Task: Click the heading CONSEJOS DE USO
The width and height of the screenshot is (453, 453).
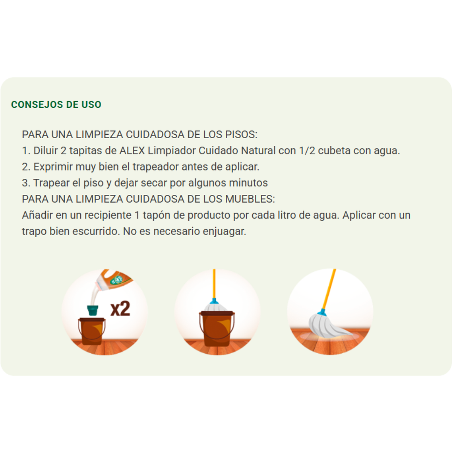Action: click(x=56, y=105)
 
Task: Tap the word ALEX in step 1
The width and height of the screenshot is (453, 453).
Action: click(x=132, y=151)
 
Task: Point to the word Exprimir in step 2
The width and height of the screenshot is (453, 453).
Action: click(x=53, y=167)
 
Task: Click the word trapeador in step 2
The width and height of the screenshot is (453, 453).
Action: click(x=155, y=167)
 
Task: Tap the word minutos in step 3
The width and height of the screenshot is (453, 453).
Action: click(x=248, y=183)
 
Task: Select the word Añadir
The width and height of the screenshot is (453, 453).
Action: click(x=37, y=215)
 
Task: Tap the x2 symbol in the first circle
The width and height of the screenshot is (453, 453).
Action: click(x=120, y=308)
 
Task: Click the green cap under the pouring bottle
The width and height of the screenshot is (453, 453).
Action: click(x=93, y=310)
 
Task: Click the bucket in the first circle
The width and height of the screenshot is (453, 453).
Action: click(x=92, y=331)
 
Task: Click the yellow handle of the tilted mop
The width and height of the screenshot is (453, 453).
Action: click(x=329, y=288)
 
